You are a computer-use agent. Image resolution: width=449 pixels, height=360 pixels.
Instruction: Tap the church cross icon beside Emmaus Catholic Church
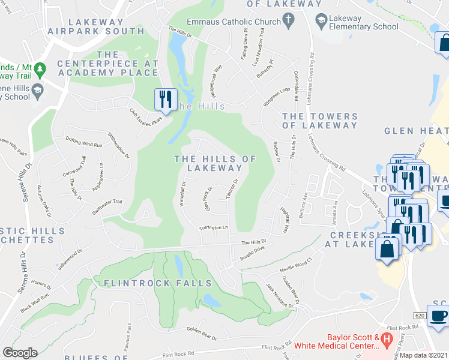click(289, 22)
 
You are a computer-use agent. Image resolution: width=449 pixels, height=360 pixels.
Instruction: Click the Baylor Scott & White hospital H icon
click(387, 340)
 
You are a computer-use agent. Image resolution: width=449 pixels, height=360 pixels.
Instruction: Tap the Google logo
click(19, 353)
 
